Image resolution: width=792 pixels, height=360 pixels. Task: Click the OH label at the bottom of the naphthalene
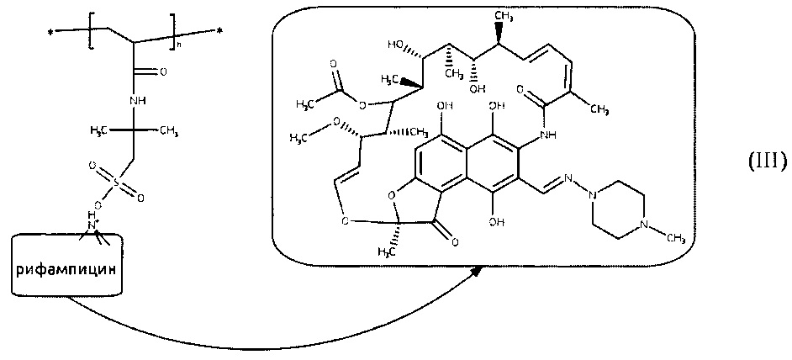[497, 223]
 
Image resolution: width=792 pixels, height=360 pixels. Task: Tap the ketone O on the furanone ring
[454, 243]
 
